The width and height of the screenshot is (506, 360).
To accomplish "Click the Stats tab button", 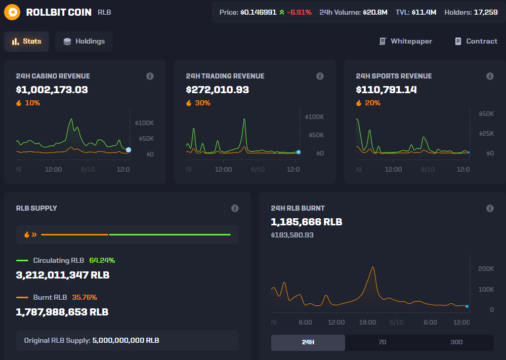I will [x=26, y=42].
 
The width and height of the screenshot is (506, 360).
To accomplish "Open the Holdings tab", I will [x=84, y=42].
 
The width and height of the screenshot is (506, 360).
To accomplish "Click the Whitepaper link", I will [x=405, y=42].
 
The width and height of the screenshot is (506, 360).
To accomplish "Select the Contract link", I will [x=476, y=42].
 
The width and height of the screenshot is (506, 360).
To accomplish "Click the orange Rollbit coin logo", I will [x=12, y=12].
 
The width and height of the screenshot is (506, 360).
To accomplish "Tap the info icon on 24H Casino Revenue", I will [x=150, y=76].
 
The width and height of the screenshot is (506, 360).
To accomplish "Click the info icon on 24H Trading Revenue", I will [x=320, y=76].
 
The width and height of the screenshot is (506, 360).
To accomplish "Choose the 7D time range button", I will [x=382, y=342].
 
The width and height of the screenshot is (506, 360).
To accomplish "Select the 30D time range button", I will [x=456, y=342].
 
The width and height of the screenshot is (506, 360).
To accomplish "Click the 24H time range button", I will [x=308, y=342].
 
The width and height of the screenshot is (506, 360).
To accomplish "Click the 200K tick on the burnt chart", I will [x=486, y=268].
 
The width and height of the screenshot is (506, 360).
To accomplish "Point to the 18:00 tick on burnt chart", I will [x=367, y=323].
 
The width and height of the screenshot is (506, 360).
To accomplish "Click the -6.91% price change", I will [x=299, y=12].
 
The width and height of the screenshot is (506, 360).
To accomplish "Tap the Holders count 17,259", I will [x=485, y=12].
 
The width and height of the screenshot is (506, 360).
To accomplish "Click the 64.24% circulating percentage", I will [x=102, y=260].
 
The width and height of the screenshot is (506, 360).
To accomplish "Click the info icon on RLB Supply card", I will [x=235, y=208].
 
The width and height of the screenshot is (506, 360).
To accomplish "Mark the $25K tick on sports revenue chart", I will [x=486, y=134].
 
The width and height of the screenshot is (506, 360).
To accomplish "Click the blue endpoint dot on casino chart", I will [x=129, y=150].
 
